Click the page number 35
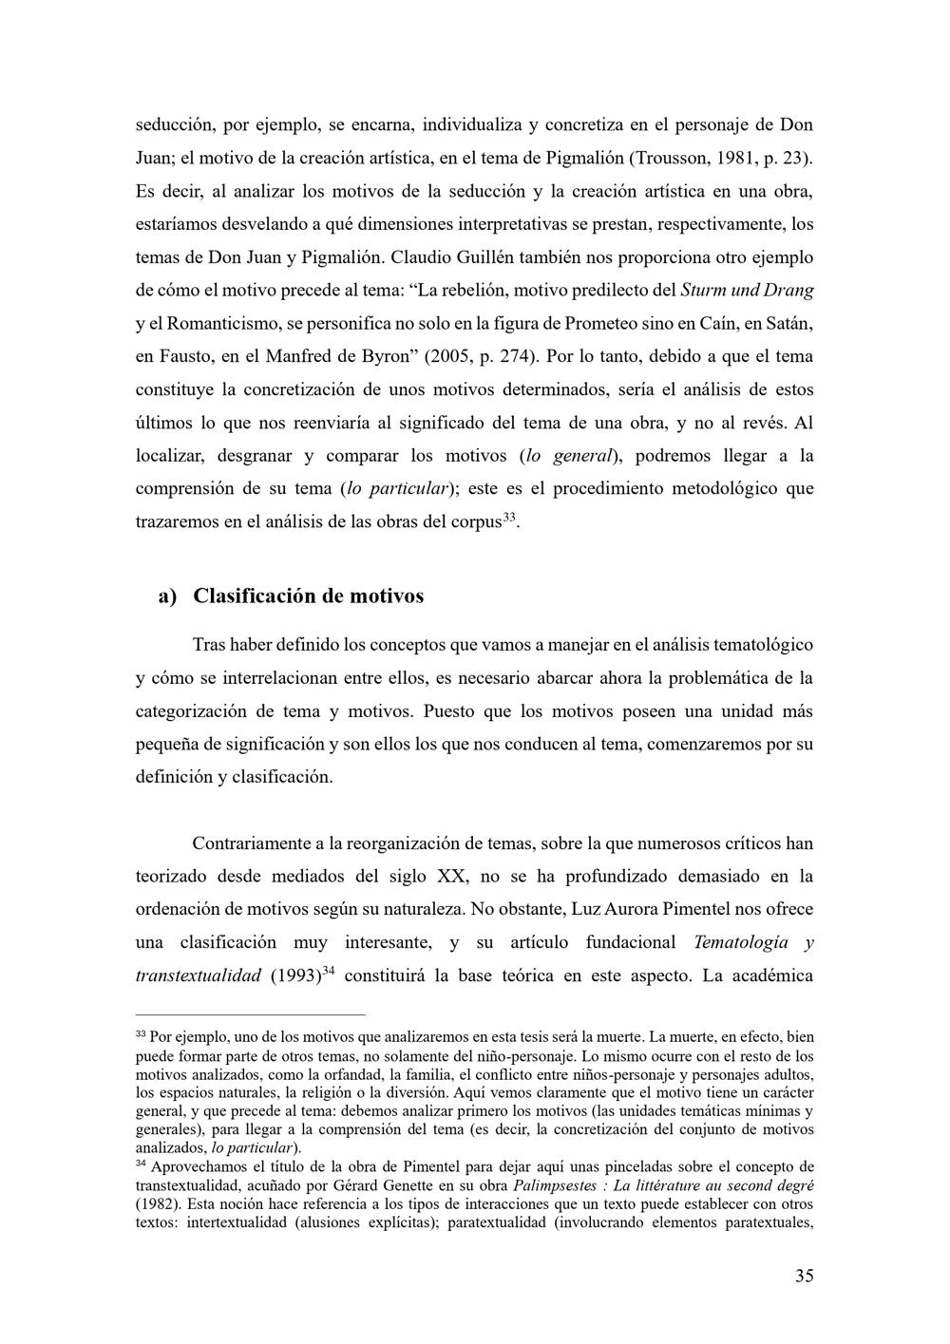804,1276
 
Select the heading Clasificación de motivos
308,596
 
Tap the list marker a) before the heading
167,596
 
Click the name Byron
389,356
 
